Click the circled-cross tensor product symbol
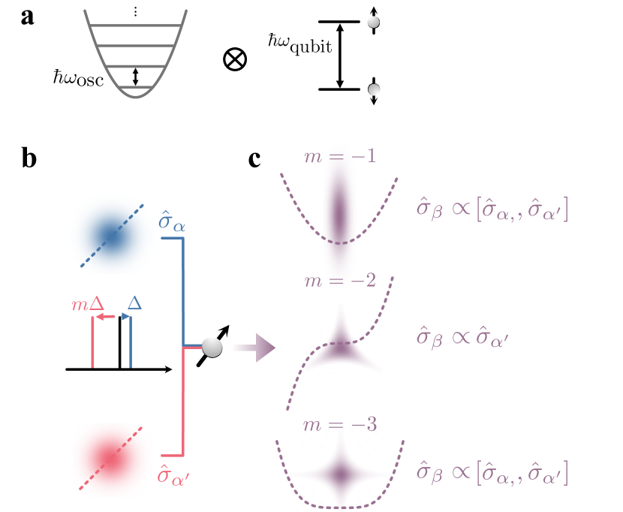pos(235,59)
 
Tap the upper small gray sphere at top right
pos(373,22)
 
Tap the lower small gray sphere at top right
pos(374,89)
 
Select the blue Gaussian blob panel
pos(112,234)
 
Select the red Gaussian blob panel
pos(112,460)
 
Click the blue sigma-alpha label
pos(172,222)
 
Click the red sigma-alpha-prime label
pos(173,474)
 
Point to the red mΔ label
pos(87,305)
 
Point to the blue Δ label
pos(134,303)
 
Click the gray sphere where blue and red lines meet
pos(212,347)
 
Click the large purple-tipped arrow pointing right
pos(254,348)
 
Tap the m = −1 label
pos(339,156)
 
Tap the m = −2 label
pos(339,281)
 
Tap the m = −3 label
pos(339,423)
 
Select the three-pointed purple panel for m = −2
pos(344,348)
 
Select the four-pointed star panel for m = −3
pos(340,471)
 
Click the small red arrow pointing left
pos(105,317)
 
